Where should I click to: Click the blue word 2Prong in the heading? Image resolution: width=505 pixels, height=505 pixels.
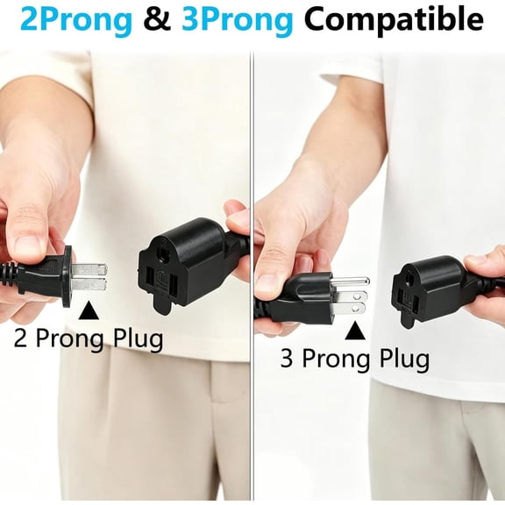point(76,20)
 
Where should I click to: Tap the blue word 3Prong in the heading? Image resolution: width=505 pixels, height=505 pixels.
point(238,20)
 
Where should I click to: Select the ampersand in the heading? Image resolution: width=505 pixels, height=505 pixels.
point(157,18)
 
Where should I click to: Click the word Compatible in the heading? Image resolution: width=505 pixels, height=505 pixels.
point(394,20)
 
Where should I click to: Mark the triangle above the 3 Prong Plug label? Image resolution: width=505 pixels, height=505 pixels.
point(355,331)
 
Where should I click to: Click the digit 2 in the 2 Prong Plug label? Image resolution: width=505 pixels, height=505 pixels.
point(21,338)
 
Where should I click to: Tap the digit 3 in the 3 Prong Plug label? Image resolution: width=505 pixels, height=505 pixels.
point(287,358)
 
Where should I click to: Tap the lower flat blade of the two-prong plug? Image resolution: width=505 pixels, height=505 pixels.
point(89,284)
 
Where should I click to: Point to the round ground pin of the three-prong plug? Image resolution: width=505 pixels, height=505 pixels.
point(350,281)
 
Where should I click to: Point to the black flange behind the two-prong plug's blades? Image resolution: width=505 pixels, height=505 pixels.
point(67,276)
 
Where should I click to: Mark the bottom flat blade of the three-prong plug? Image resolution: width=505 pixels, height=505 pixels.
point(350,309)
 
